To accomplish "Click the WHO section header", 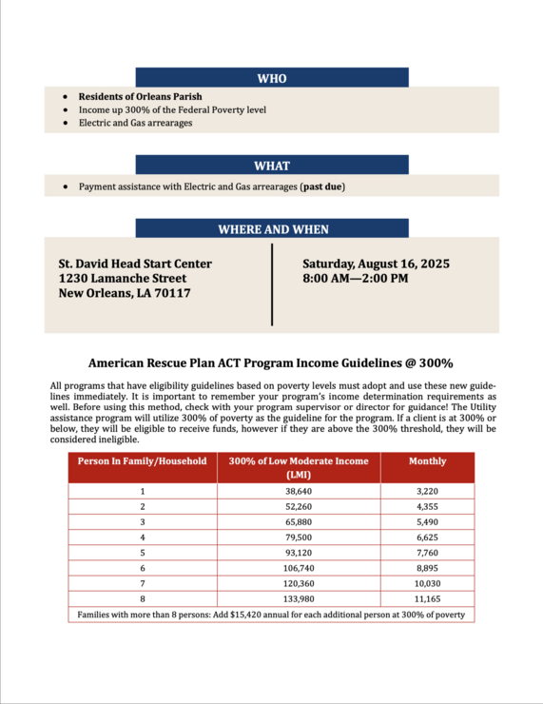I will click(x=272, y=78).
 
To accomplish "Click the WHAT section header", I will click(x=272, y=165).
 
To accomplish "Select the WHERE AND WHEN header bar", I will click(x=272, y=228).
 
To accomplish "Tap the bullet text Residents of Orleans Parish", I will click(x=140, y=96).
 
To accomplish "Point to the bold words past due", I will click(x=322, y=186).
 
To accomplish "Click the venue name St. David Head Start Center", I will click(x=135, y=264).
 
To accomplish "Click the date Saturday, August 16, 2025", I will click(x=376, y=264).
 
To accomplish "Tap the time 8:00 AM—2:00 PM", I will click(x=355, y=279).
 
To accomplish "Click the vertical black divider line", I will click(x=272, y=284).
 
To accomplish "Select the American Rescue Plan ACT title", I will click(x=271, y=362).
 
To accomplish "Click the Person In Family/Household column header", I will click(x=142, y=461).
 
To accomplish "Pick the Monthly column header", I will click(x=427, y=461).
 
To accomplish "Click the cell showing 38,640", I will click(x=299, y=491).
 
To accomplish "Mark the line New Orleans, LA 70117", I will click(x=125, y=294).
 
